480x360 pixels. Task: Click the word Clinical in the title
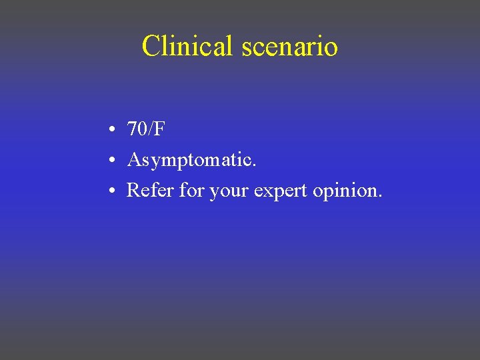(186, 46)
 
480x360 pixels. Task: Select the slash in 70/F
(151, 129)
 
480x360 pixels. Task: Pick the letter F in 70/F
(159, 129)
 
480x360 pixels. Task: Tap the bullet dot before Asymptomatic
(115, 161)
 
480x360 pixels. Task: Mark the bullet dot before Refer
(115, 191)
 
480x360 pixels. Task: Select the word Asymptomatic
(191, 161)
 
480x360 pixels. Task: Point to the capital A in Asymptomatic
(133, 160)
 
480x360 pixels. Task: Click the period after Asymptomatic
(253, 165)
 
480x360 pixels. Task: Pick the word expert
(281, 192)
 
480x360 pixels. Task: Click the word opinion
(347, 192)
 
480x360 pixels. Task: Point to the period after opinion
(380, 197)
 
